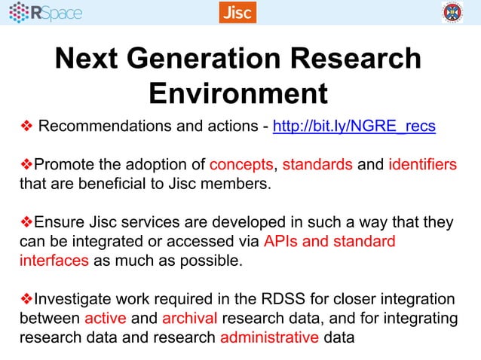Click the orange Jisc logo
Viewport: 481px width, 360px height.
[x=237, y=12]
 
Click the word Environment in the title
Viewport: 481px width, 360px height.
[x=238, y=93]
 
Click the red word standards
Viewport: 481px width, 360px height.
[x=317, y=165]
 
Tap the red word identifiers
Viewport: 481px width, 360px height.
[x=422, y=165]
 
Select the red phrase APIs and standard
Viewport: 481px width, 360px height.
[x=329, y=242]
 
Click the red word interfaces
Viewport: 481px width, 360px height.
[x=54, y=261]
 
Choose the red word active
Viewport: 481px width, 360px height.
[x=105, y=318]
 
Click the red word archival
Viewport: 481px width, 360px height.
[x=189, y=318]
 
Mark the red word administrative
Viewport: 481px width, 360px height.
[x=269, y=337]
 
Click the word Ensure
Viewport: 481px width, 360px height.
[x=60, y=223]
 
